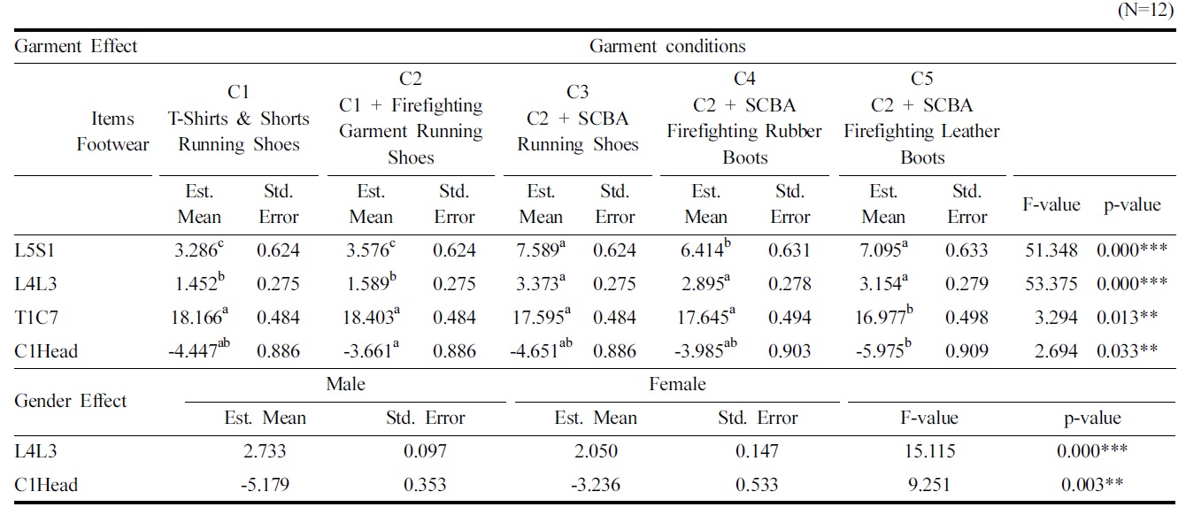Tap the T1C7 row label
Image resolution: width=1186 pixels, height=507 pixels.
click(x=37, y=318)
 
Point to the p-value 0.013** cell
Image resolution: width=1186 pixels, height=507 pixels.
click(x=1127, y=318)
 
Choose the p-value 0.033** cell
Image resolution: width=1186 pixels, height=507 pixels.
click(x=1127, y=351)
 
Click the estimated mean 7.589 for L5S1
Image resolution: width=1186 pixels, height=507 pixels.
click(x=541, y=250)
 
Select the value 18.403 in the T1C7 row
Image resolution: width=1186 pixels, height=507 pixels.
click(x=371, y=317)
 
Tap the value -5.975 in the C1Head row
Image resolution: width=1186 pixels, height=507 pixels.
click(x=882, y=350)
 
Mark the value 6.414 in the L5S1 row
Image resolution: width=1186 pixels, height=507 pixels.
click(x=705, y=250)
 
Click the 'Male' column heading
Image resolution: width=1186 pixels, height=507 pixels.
click(x=345, y=384)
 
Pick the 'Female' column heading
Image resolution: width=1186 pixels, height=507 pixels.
click(x=677, y=384)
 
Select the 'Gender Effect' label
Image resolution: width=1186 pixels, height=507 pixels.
click(x=71, y=401)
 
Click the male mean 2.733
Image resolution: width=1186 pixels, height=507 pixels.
click(x=265, y=451)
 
